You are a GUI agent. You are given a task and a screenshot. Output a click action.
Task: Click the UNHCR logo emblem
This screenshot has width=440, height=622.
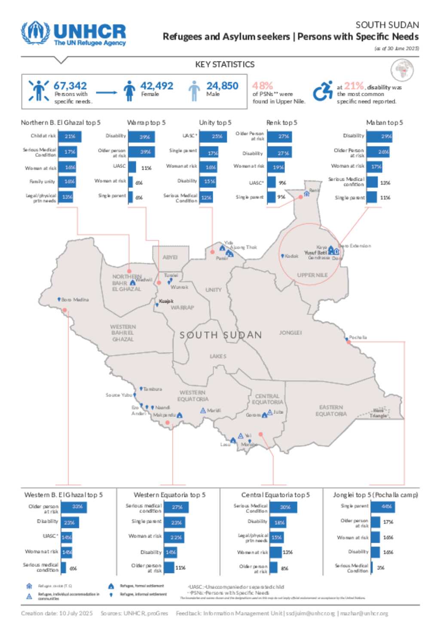tap(36, 33)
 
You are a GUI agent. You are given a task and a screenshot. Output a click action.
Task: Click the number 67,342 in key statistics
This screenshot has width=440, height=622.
tap(70, 86)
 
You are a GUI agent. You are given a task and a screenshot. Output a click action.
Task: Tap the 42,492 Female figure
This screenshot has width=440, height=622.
tap(157, 86)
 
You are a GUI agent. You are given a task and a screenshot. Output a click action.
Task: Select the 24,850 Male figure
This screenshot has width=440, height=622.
tap(222, 86)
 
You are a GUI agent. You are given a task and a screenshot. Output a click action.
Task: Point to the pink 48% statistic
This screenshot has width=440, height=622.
tap(263, 86)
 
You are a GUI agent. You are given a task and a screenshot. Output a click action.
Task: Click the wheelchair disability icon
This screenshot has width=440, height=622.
tap(323, 91)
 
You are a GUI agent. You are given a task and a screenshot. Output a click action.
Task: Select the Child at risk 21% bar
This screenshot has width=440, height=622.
tap(70, 137)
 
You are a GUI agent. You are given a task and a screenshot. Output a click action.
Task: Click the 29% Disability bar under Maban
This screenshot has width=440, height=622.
tap(385, 137)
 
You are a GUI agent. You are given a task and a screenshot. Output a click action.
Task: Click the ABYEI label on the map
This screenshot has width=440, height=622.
tap(170, 258)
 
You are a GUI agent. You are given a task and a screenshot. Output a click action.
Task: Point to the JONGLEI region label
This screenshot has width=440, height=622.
tap(290, 333)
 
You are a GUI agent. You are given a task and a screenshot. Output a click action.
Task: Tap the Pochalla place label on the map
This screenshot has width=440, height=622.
tap(358, 337)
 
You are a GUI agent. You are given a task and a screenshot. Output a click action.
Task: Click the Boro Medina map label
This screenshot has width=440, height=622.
tap(75, 300)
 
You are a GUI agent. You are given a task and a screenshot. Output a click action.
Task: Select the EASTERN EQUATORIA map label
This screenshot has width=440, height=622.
tap(331, 411)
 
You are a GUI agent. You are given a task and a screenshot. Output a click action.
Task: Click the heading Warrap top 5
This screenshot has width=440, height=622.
tap(146, 123)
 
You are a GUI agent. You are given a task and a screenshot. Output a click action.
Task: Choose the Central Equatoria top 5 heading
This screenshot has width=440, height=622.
tap(275, 495)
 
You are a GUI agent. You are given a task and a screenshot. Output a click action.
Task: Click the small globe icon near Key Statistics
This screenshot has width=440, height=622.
tap(402, 70)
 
